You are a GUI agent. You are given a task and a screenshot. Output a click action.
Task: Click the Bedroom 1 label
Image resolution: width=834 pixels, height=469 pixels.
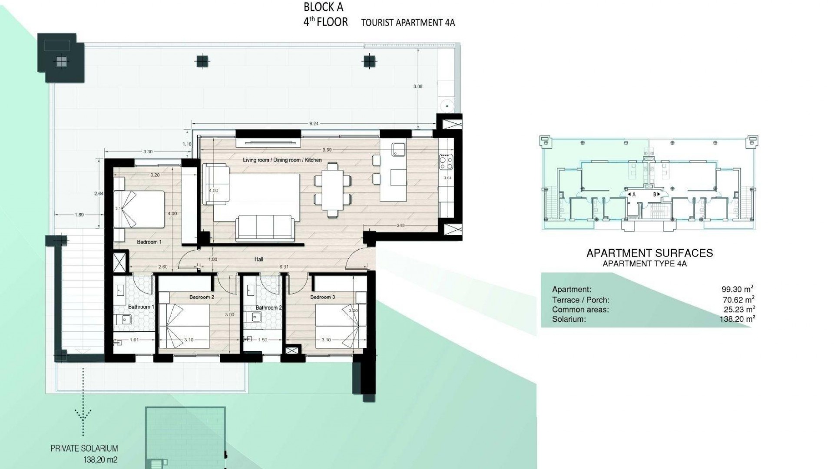point(149,242)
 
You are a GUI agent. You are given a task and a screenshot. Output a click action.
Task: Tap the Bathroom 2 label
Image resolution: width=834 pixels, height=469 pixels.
point(268,307)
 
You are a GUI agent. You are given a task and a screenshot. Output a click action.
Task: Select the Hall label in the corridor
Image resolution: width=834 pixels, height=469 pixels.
point(259,259)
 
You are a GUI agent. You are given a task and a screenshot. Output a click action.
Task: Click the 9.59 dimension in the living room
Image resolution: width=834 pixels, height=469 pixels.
point(327,150)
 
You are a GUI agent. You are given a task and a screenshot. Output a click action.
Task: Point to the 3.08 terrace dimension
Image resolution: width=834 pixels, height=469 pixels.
point(417,86)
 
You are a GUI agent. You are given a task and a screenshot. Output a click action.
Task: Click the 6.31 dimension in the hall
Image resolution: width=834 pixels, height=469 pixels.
point(283,267)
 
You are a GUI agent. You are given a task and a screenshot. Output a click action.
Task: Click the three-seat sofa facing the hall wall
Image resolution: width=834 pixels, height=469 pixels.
point(265,228)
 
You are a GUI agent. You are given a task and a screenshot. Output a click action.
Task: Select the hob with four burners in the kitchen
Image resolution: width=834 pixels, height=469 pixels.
point(446,162)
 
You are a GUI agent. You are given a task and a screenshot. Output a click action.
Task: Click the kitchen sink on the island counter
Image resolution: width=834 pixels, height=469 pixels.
point(398,149)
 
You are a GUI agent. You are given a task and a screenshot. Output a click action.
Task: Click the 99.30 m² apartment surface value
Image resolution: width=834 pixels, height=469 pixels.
point(737,289)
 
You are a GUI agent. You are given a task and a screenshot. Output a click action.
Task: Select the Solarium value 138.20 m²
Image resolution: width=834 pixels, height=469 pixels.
point(737,319)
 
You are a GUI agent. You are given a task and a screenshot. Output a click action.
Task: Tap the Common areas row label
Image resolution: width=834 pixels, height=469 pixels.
point(580,310)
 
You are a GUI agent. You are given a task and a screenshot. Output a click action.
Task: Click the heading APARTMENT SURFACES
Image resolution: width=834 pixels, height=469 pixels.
point(649,253)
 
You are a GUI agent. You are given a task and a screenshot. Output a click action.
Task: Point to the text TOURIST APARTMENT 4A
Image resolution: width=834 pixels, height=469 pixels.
point(408,23)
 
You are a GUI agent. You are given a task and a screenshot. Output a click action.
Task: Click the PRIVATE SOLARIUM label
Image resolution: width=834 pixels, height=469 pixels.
point(84,449)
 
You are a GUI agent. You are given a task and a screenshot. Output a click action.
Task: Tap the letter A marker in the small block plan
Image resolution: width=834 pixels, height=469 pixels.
point(634,195)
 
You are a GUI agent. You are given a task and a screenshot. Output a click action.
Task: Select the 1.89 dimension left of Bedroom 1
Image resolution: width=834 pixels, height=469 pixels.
point(79,215)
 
